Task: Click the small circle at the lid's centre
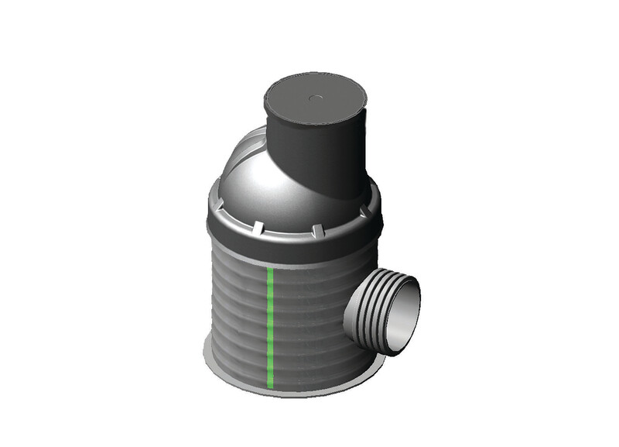[x=316, y=98]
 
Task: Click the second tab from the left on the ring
[x=255, y=229]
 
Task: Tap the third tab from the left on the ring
[x=316, y=230]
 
